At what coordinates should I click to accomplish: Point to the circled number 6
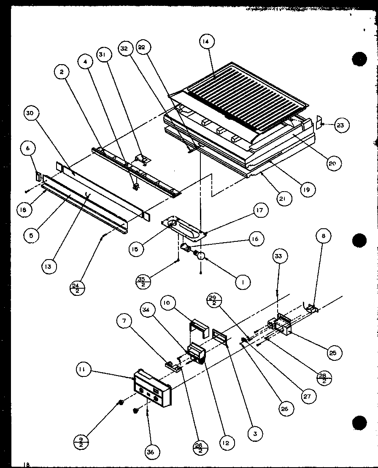click(x=28, y=149)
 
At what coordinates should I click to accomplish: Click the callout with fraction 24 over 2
click(x=77, y=288)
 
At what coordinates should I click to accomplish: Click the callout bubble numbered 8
click(x=324, y=237)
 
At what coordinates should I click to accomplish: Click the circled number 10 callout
click(x=167, y=303)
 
